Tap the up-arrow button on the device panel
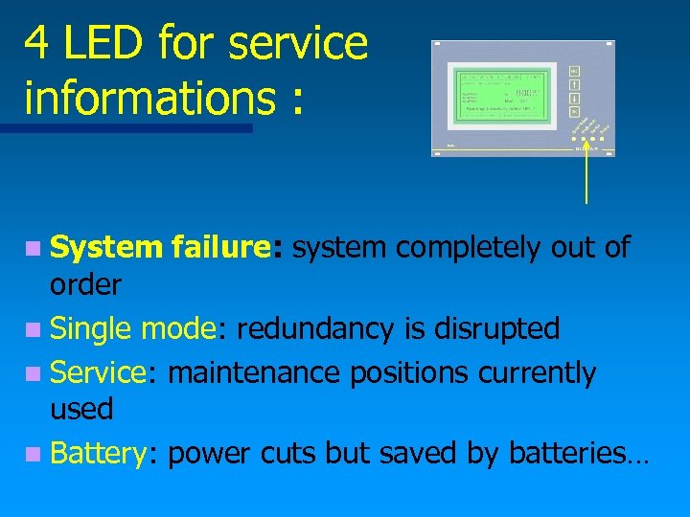[573, 84]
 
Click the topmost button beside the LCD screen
[573, 71]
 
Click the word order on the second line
[85, 285]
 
